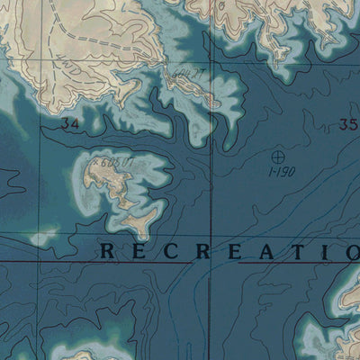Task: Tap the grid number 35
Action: coord(349,125)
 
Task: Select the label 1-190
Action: coord(281,170)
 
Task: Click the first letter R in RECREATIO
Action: coord(107,251)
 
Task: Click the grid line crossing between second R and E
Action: coord(213,251)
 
